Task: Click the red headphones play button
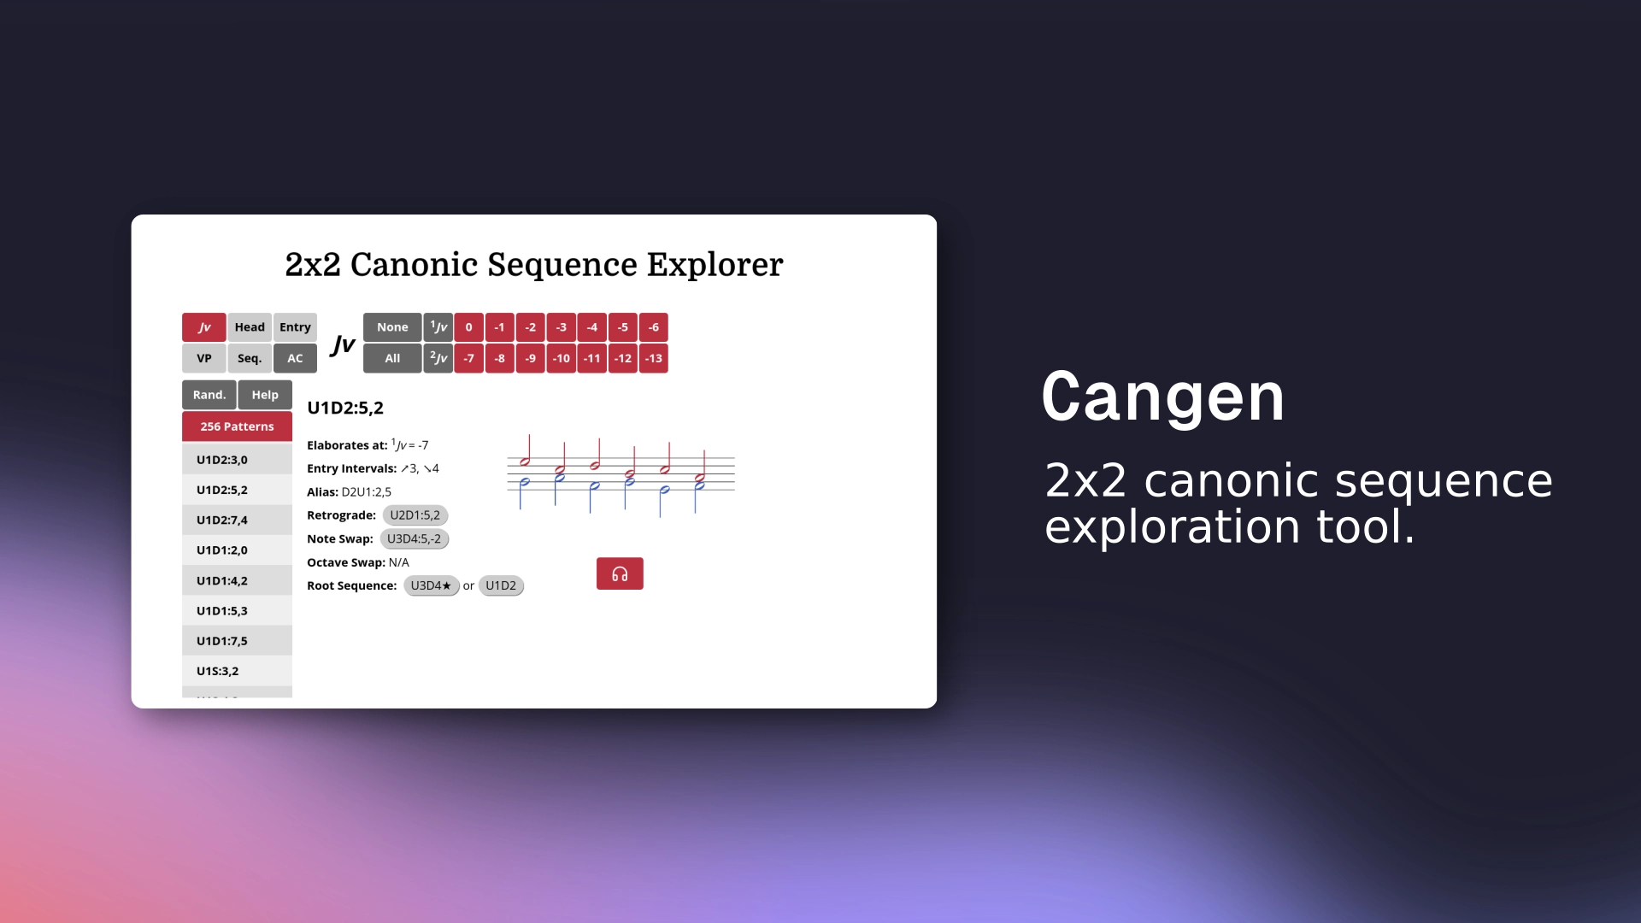click(620, 573)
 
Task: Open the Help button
click(265, 395)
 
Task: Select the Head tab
click(250, 327)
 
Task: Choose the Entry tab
click(295, 327)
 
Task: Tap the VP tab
click(204, 358)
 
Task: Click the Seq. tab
click(250, 358)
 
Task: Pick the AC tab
click(295, 358)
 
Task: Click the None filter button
click(392, 327)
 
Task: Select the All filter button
click(392, 358)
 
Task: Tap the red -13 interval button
click(654, 358)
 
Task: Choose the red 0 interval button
click(468, 327)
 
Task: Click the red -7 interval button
click(468, 358)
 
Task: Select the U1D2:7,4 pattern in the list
click(222, 520)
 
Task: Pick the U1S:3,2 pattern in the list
click(218, 671)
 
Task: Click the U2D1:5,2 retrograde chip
click(415, 515)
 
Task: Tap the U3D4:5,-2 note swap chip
click(414, 538)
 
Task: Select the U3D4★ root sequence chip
click(431, 585)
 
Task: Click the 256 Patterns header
click(237, 426)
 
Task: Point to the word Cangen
click(1163, 397)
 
